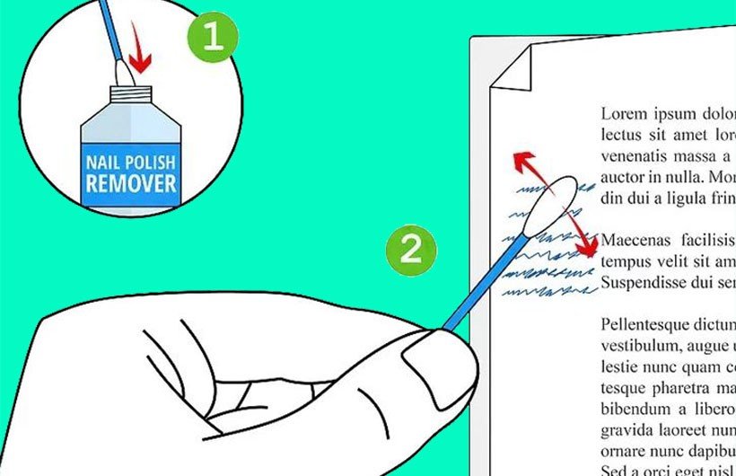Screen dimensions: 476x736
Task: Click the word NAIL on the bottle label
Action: point(104,164)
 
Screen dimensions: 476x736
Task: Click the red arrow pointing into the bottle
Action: point(139,60)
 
